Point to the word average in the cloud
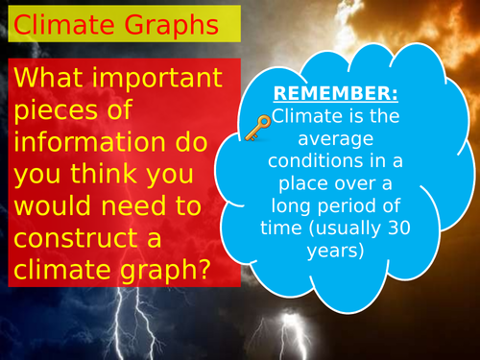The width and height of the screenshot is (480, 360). [x=331, y=139]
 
